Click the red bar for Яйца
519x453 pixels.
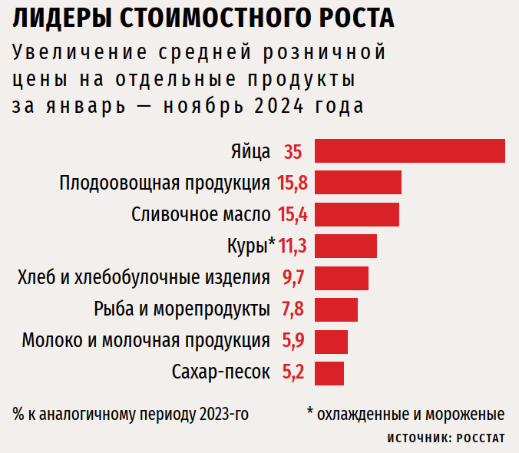[x=409, y=151]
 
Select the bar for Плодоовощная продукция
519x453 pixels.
[x=358, y=183]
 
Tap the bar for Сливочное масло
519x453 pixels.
[x=356, y=214]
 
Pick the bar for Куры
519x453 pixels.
[x=345, y=246]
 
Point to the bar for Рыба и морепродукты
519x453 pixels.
[x=336, y=309]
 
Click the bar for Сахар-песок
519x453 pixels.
[x=329, y=373]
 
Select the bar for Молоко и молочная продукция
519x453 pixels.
[x=331, y=341]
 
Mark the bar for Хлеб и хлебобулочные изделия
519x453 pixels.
[x=341, y=278]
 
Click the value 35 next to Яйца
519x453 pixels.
[x=293, y=152]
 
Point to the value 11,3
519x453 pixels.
[x=293, y=246]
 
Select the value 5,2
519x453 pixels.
[x=294, y=373]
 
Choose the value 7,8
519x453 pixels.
[x=294, y=309]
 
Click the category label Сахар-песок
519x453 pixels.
[x=221, y=373]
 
